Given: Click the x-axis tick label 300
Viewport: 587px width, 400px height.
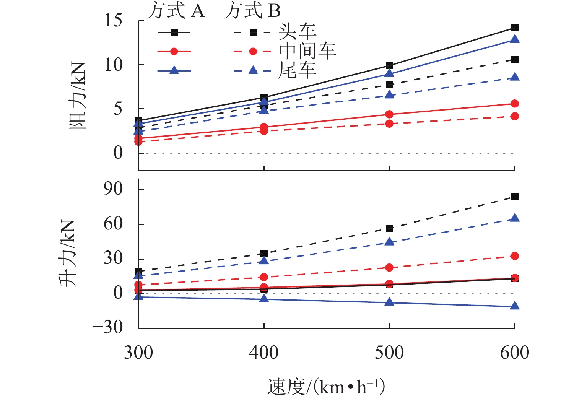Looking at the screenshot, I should click(x=138, y=353).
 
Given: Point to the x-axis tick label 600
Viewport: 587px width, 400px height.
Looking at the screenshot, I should click(x=514, y=353).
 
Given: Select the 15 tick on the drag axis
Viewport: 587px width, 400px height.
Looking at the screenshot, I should click(x=114, y=21).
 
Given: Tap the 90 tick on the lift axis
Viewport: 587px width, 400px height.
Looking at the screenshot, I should click(x=113, y=189).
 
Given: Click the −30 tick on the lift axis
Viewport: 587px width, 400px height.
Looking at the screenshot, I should click(x=108, y=327).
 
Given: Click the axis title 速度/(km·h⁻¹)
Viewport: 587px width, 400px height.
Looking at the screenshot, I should click(x=326, y=387).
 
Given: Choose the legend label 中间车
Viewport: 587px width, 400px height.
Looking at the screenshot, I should click(x=307, y=51).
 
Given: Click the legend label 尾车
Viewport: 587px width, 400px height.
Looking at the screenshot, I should click(x=297, y=70).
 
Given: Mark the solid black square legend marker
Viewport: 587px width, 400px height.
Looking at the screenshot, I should click(x=174, y=33).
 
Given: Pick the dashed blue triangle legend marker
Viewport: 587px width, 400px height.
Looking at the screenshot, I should click(x=253, y=70).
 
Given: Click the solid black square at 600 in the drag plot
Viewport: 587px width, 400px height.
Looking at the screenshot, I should click(x=515, y=28).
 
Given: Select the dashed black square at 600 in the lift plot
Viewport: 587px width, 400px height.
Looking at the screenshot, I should click(x=515, y=197).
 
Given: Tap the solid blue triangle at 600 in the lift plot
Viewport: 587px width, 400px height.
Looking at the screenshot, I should click(x=515, y=306).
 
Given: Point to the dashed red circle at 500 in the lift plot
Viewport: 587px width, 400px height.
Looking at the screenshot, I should click(x=389, y=267).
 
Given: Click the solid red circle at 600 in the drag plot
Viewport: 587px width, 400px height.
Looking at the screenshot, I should click(x=515, y=104).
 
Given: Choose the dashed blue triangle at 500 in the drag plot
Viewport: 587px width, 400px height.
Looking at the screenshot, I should click(x=389, y=94).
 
